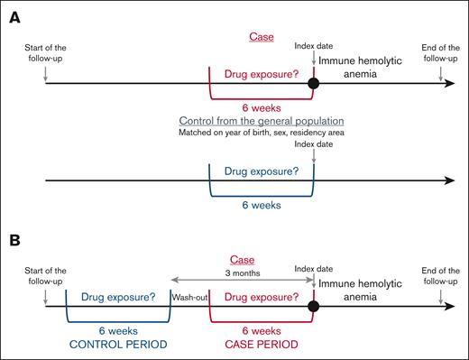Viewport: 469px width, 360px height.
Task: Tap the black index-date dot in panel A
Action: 314,84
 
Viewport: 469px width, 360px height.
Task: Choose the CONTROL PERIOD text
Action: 118,343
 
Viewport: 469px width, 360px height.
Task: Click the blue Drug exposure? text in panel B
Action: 118,294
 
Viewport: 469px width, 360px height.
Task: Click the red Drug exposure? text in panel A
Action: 262,72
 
